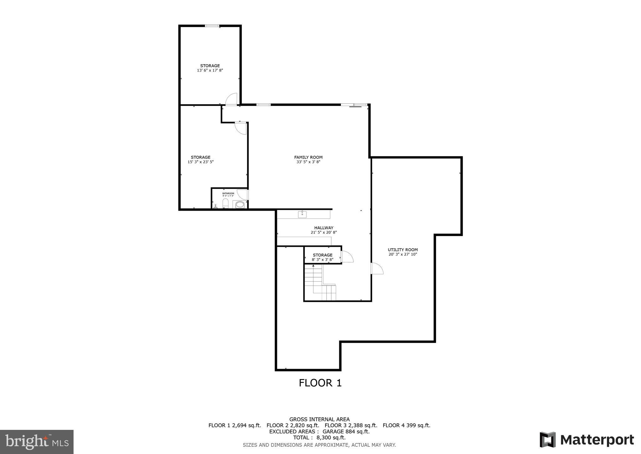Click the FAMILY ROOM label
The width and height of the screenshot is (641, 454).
pyautogui.click(x=308, y=157)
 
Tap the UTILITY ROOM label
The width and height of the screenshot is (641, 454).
pyautogui.click(x=403, y=250)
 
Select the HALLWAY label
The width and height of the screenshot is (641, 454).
pyautogui.click(x=324, y=228)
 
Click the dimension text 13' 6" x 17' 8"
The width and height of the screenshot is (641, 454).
pyautogui.click(x=210, y=71)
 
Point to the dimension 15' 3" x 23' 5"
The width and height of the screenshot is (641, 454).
pyautogui.click(x=201, y=162)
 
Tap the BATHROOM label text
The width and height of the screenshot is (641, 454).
pyautogui.click(x=228, y=193)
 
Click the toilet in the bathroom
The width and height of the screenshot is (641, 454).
pyautogui.click(x=225, y=204)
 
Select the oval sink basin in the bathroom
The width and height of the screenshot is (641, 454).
pyautogui.click(x=240, y=205)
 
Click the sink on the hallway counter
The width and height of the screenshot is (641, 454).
pyautogui.click(x=302, y=214)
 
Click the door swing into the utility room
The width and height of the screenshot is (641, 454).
pyautogui.click(x=377, y=268)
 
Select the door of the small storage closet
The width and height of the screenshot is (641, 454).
pyautogui.click(x=347, y=257)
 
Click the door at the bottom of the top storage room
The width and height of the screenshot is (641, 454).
pyautogui.click(x=232, y=99)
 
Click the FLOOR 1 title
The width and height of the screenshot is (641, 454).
pyautogui.click(x=320, y=383)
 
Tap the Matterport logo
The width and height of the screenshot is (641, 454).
pyautogui.click(x=587, y=440)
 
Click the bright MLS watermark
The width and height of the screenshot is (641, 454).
pyautogui.click(x=37, y=441)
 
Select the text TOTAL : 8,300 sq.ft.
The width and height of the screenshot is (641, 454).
pyautogui.click(x=319, y=438)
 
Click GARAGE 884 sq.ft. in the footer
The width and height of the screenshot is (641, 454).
pyautogui.click(x=346, y=431)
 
